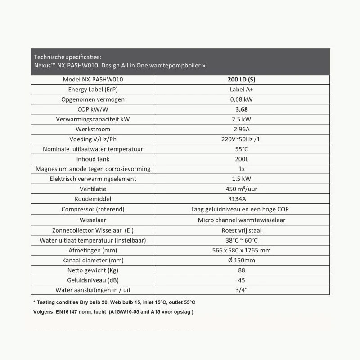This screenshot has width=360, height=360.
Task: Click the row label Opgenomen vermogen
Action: point(93,99)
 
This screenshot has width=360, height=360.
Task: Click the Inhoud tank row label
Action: point(93,159)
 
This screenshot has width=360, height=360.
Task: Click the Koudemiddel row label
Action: point(93,198)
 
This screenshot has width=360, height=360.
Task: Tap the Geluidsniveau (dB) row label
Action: point(93,280)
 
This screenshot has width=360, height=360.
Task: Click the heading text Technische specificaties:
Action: point(67,57)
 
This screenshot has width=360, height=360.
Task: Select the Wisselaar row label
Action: point(93,220)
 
